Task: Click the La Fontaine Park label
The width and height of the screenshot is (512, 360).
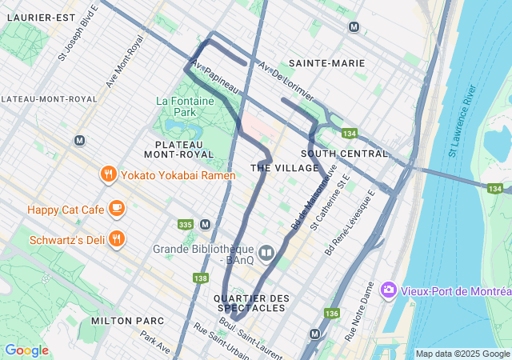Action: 177,107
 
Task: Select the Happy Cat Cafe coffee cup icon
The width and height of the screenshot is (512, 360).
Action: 117,209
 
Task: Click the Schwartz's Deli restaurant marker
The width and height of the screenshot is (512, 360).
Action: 117,238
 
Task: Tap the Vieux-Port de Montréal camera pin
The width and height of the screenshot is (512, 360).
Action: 389,289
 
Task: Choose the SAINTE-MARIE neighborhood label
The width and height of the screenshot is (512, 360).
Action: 326,62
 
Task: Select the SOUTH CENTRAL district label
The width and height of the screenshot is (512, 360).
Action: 344,153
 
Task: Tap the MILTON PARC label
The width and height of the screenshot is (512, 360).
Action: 128,320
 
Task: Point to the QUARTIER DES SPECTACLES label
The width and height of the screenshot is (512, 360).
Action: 250,302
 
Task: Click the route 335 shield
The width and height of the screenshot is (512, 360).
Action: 186,224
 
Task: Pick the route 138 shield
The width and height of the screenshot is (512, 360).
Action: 201,278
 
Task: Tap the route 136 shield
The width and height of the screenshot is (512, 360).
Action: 332,313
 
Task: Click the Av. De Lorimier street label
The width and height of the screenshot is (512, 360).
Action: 285,77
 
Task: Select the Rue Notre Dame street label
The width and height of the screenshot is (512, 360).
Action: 358,311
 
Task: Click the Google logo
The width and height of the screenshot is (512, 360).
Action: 26,350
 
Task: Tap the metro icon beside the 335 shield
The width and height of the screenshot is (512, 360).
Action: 205,224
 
